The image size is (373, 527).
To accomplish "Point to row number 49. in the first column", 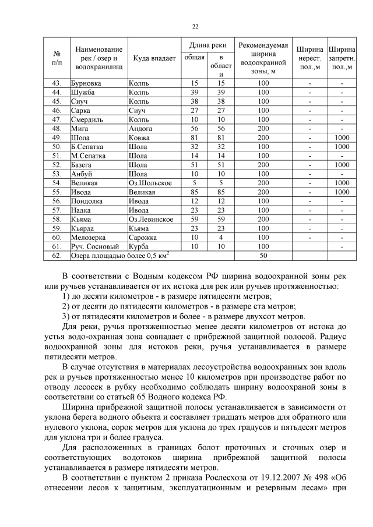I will click(57, 138).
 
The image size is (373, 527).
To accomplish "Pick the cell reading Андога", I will click(141, 129).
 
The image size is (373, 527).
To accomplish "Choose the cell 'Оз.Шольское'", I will click(150, 183).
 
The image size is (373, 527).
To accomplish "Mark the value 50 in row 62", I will click(263, 256).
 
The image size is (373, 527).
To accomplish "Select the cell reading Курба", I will click(139, 247).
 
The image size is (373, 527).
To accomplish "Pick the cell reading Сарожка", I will click(143, 238).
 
